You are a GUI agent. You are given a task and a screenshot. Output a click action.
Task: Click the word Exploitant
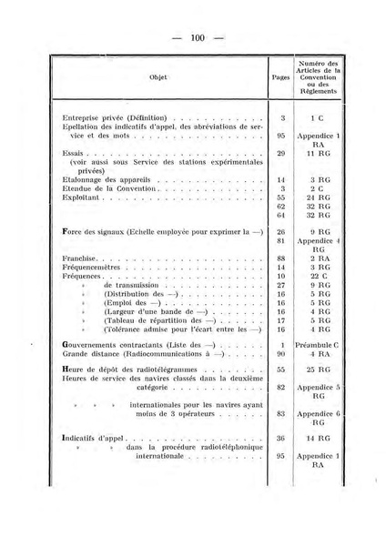click(x=80, y=196)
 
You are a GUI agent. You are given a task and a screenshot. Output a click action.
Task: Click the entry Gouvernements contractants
click(x=122, y=345)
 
